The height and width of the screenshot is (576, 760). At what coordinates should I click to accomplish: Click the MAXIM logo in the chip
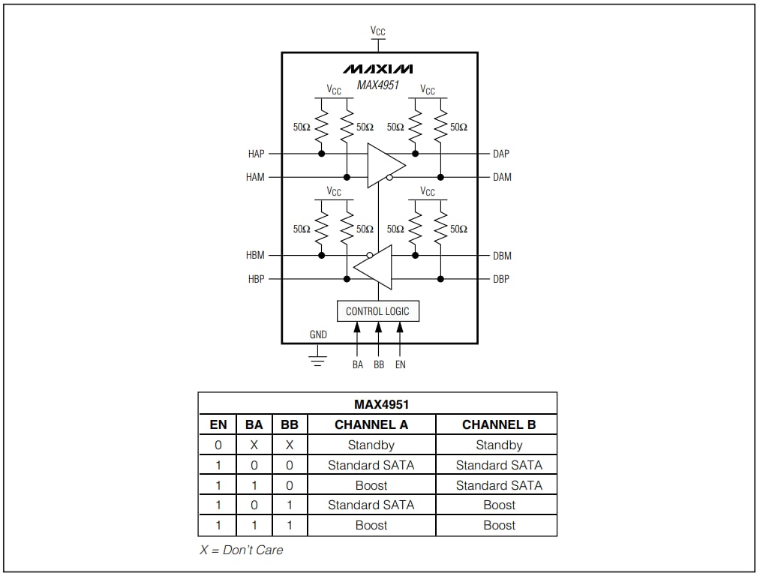(x=378, y=69)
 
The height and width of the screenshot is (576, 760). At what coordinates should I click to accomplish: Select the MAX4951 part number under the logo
(x=378, y=85)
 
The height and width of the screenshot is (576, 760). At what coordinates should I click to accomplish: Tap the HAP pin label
(x=256, y=154)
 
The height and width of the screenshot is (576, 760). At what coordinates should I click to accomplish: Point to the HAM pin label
(x=255, y=178)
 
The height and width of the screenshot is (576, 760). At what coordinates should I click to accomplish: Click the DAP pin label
(x=501, y=154)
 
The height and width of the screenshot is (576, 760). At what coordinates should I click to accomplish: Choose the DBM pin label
(x=502, y=256)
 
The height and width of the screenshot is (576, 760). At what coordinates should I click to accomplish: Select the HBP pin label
(x=255, y=279)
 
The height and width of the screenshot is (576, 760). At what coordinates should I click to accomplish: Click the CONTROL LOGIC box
(x=377, y=311)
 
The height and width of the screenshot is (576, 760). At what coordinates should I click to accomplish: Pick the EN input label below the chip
(x=400, y=364)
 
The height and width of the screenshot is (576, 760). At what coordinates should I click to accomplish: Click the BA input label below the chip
(x=357, y=364)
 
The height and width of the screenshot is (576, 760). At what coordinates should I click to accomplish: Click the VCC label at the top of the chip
(x=378, y=31)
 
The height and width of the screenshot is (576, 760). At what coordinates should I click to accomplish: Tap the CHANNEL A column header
(x=371, y=424)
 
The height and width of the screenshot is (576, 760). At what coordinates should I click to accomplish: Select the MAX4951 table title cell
(x=377, y=404)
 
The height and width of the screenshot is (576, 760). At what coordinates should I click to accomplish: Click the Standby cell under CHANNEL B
(x=499, y=445)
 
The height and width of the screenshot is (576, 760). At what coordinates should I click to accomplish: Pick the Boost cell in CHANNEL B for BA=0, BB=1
(x=499, y=505)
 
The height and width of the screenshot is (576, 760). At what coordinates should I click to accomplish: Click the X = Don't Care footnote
(x=241, y=550)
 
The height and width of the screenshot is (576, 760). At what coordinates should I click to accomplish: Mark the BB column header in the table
(x=290, y=424)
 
